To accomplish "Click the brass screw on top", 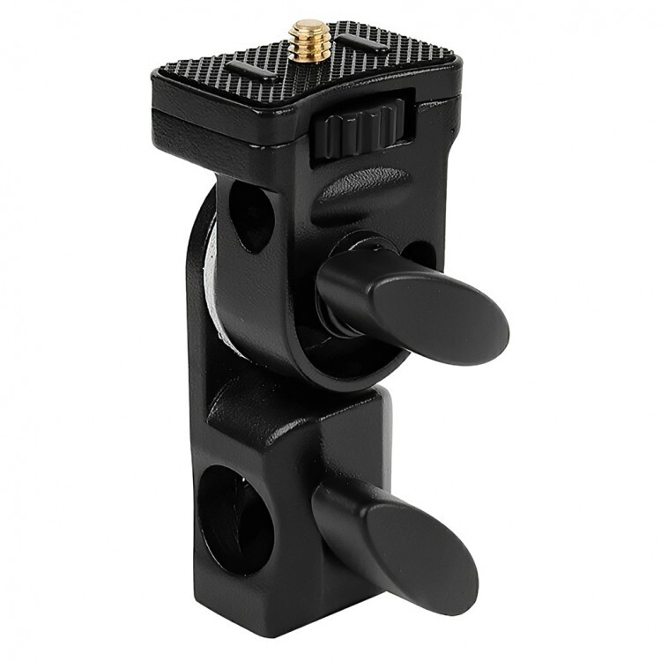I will (309, 38).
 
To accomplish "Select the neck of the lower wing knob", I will (339, 507).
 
